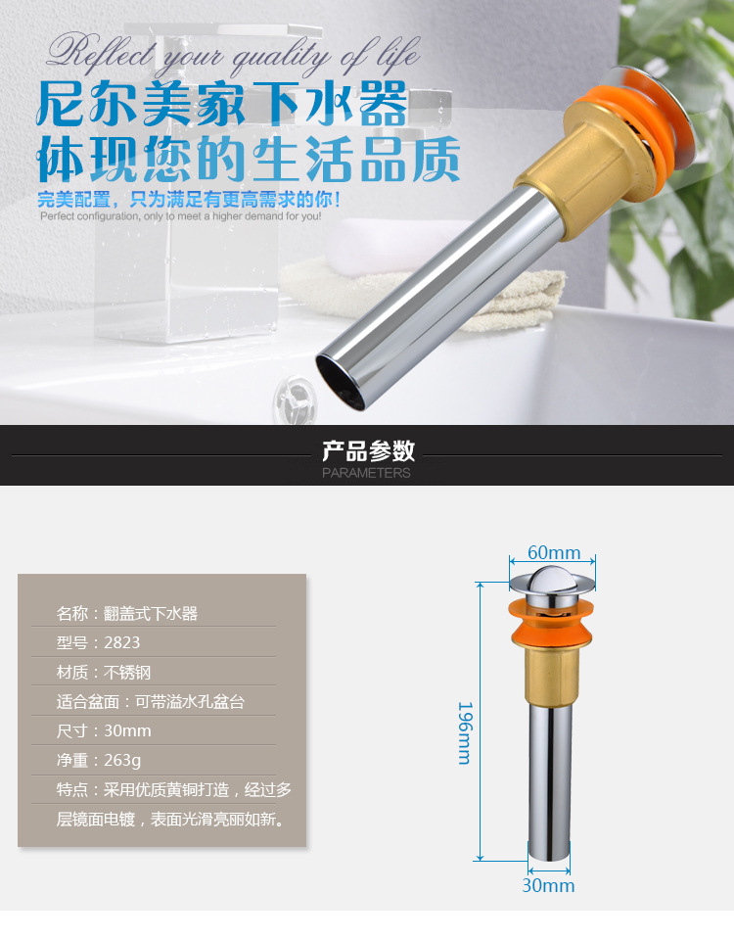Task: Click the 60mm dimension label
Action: (554, 552)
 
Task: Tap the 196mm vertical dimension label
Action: (465, 732)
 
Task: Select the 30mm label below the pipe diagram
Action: (548, 885)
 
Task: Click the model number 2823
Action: (121, 642)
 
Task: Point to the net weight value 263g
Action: (122, 761)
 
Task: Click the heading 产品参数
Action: (368, 450)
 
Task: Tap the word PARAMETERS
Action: (366, 473)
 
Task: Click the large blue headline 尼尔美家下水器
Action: (222, 105)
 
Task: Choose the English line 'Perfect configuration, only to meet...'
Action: (180, 216)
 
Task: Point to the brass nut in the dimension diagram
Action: (550, 677)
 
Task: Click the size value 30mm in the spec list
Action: (128, 730)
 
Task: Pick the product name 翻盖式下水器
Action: (151, 613)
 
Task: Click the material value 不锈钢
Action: (127, 672)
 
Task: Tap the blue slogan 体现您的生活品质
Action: (249, 160)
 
